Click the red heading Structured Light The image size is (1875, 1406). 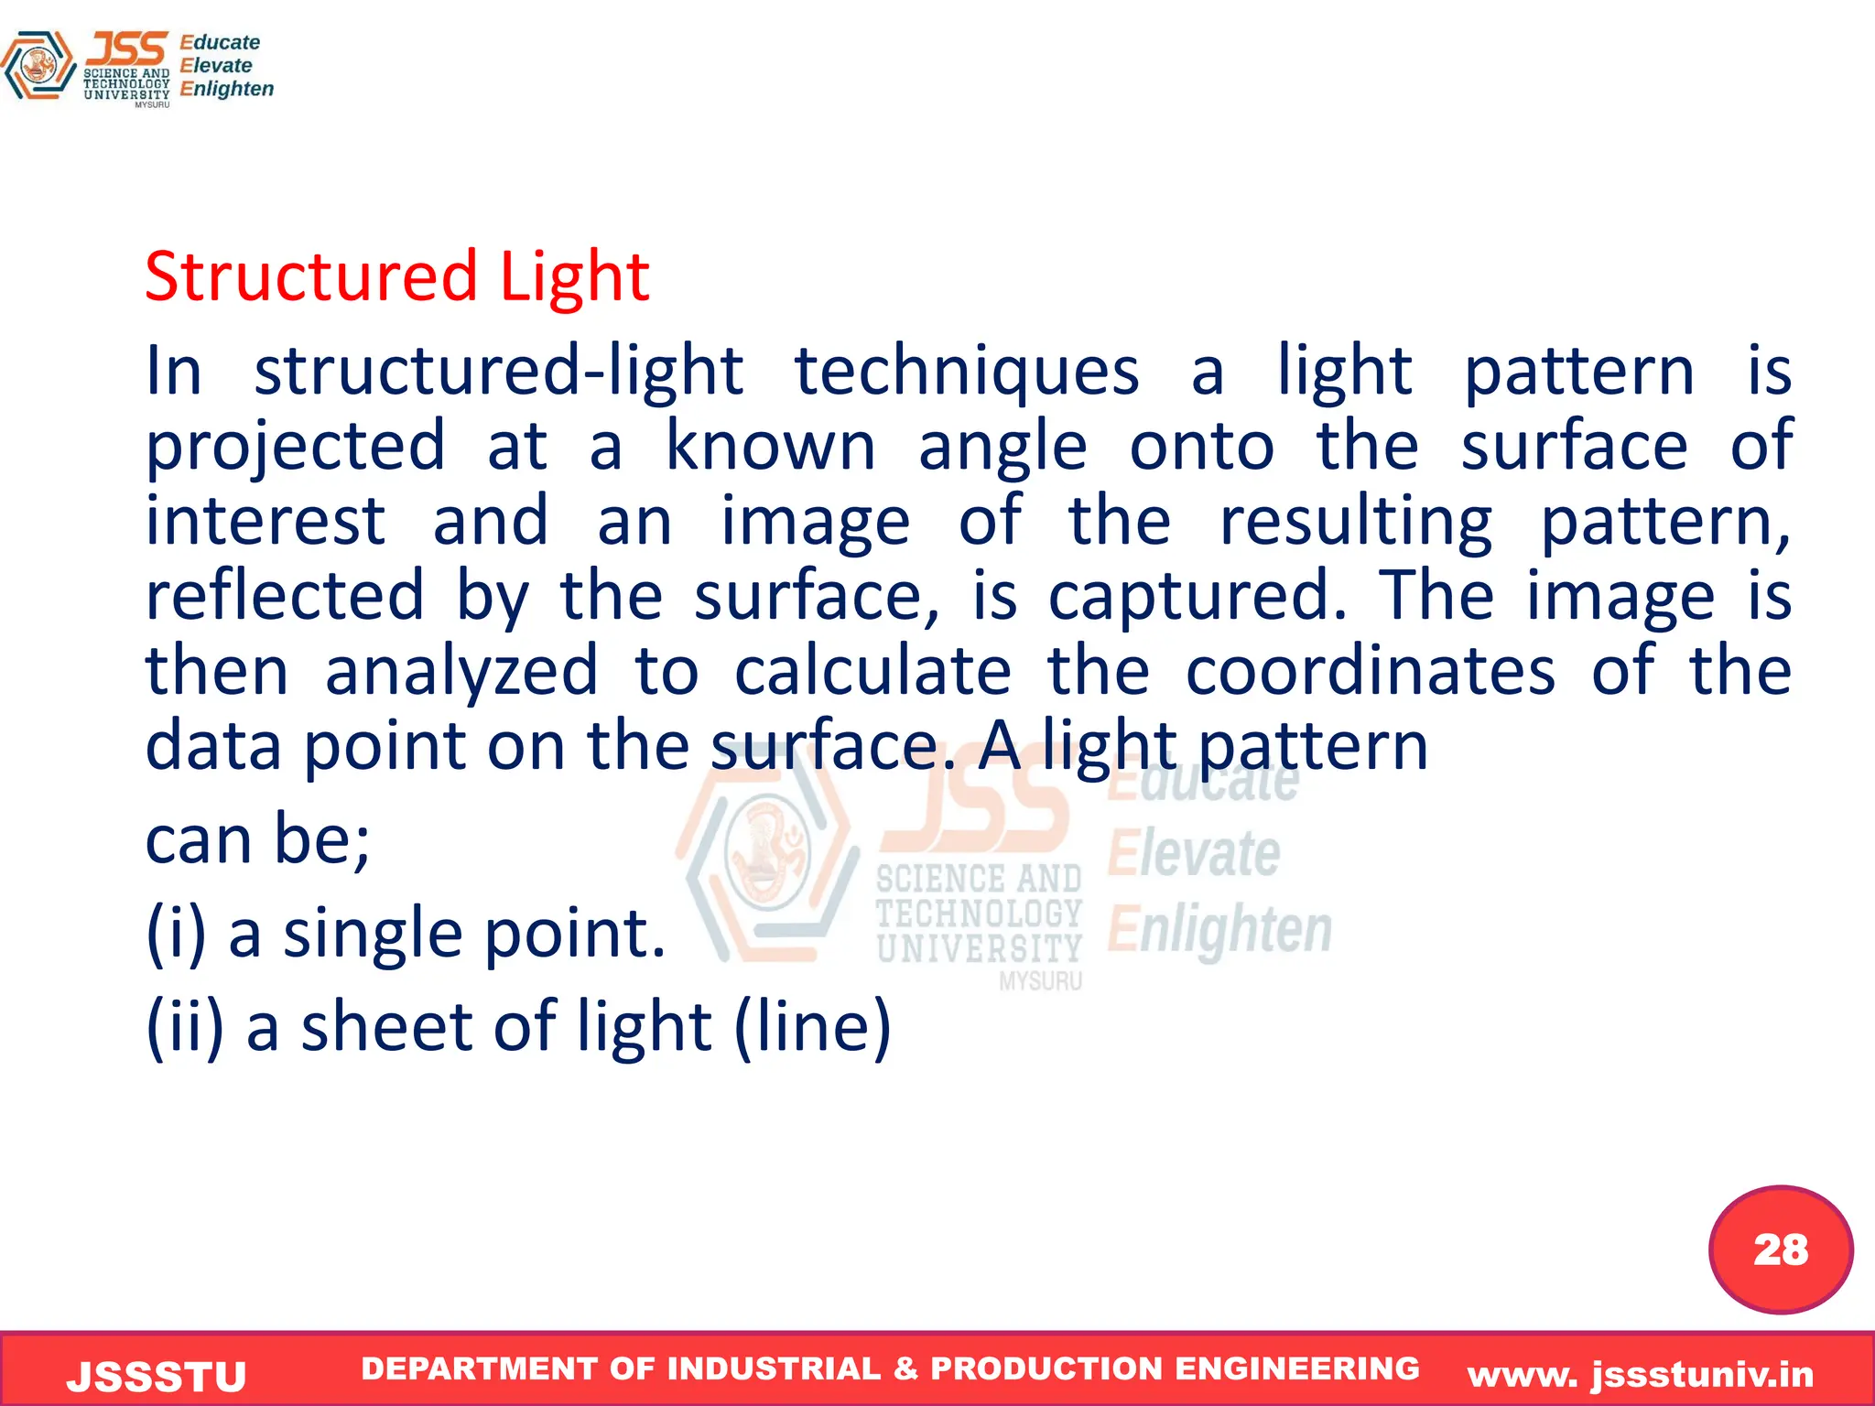396,276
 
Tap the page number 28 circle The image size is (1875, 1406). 1781,1249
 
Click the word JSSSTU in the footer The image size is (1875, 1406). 157,1377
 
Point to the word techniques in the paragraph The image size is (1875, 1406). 966,373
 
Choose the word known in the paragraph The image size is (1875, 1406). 770,446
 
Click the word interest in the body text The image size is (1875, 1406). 266,521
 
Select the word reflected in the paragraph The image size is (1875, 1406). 285,596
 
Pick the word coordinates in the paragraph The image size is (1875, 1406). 1370,671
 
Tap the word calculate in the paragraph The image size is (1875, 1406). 872,671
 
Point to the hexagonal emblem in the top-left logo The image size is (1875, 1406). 38,65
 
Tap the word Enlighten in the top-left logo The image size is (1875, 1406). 226,89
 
